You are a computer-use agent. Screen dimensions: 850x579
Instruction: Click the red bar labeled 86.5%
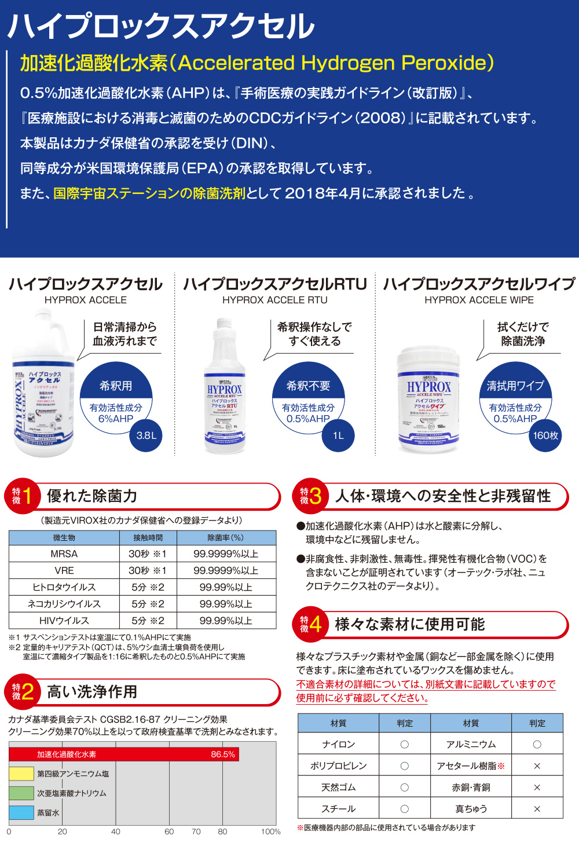pyautogui.click(x=124, y=754)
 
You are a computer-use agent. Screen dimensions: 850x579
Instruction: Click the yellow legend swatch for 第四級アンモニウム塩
pyautogui.click(x=21, y=774)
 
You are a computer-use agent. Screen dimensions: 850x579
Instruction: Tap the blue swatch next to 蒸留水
pyautogui.click(x=21, y=812)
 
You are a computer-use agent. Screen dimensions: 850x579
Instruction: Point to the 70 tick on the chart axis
pyautogui.click(x=196, y=831)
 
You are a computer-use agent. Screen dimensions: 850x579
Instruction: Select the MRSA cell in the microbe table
pyautogui.click(x=64, y=554)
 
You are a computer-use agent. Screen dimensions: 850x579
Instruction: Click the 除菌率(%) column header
pyautogui.click(x=226, y=538)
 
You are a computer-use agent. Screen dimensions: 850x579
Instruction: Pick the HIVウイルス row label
pyautogui.click(x=64, y=621)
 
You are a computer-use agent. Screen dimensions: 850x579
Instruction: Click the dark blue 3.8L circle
pyautogui.click(x=146, y=435)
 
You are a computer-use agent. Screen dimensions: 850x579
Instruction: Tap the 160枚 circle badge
pyautogui.click(x=545, y=435)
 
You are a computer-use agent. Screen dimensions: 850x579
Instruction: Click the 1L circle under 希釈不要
pyautogui.click(x=338, y=435)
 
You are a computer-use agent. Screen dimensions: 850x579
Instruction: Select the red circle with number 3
pyautogui.click(x=310, y=496)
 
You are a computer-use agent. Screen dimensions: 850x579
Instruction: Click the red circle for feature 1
pyautogui.click(x=22, y=496)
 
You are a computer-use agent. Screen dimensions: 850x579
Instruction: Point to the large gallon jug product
pyautogui.click(x=44, y=385)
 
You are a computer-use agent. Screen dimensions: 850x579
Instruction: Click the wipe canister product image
pyautogui.click(x=428, y=400)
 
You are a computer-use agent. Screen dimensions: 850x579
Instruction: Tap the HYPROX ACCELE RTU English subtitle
pyautogui.click(x=275, y=300)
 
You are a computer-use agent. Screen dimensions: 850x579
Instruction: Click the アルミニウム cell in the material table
pyautogui.click(x=471, y=744)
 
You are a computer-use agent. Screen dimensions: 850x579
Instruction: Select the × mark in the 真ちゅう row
pyautogui.click(x=537, y=809)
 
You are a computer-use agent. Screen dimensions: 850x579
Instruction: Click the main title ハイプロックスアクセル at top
pyautogui.click(x=161, y=26)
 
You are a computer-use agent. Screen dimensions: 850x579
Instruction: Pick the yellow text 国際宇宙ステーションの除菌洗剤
pyautogui.click(x=149, y=193)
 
